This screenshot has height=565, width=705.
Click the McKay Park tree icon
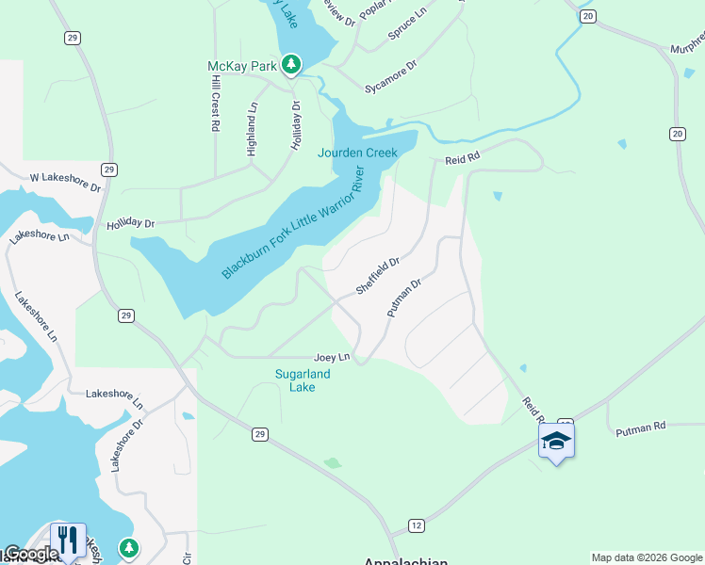tap(292, 64)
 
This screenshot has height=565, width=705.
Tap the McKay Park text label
tap(243, 66)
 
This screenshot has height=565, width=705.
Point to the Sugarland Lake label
tap(303, 380)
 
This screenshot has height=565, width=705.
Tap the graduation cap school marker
tap(556, 441)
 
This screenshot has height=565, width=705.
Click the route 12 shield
tap(416, 525)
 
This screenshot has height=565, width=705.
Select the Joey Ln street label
tap(332, 358)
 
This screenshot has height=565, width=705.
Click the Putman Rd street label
tap(640, 428)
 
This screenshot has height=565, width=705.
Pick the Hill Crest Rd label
tap(215, 100)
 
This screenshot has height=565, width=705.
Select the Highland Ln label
tap(252, 129)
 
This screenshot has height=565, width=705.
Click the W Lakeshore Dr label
tap(65, 178)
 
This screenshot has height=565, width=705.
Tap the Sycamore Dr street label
tap(390, 79)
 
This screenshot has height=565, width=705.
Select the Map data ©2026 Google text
tap(646, 557)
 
